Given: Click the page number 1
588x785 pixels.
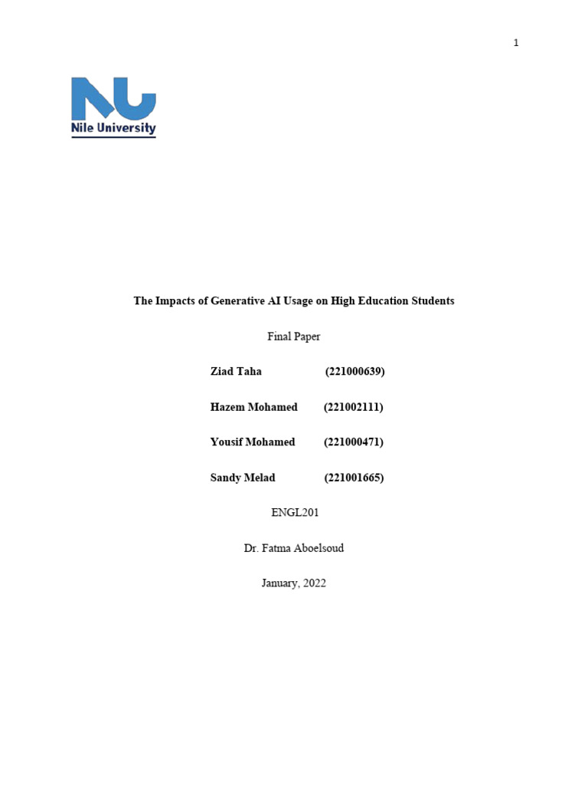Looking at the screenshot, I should [x=516, y=43].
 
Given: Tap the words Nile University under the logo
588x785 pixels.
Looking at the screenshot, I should [x=113, y=129].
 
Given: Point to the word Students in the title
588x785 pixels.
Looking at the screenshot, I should [x=431, y=301].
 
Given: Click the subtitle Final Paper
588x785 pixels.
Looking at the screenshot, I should [x=294, y=337].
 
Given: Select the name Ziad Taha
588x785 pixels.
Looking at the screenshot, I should [x=236, y=372].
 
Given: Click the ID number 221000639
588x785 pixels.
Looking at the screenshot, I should [x=354, y=372].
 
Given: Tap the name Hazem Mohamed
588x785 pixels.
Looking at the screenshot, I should [x=253, y=407].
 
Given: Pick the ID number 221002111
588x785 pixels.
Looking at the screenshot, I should [x=353, y=407].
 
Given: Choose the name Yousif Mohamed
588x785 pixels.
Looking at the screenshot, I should [x=253, y=442].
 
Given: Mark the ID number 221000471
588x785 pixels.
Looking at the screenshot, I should [x=354, y=442].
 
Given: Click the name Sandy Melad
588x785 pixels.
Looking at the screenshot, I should [x=243, y=478].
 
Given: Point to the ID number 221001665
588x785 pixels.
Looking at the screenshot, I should [x=354, y=478].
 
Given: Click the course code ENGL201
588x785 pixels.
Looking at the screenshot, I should [x=295, y=513].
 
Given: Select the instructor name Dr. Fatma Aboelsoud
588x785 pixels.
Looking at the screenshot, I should [x=294, y=548].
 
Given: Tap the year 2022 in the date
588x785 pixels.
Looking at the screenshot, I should [x=313, y=583].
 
